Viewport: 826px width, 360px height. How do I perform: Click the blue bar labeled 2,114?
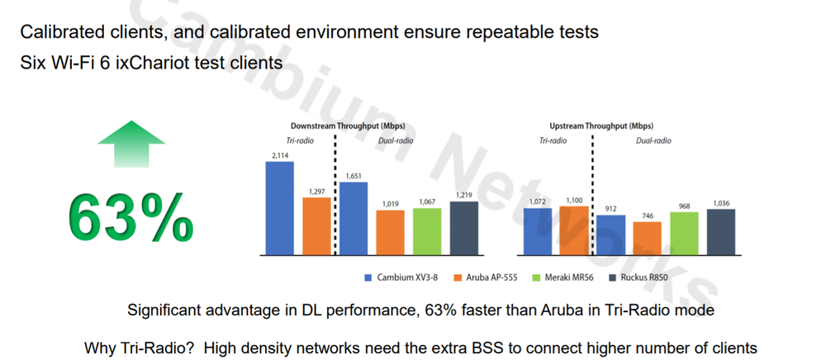pos(279,207)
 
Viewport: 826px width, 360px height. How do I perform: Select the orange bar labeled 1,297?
pos(316,225)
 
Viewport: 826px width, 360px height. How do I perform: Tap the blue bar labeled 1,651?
pos(354,217)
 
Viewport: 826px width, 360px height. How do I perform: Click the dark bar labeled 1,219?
pos(463,227)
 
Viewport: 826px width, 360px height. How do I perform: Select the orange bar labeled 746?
pos(647,237)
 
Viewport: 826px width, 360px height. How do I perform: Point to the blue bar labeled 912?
pos(610,234)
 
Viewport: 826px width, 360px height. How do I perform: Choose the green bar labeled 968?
pos(684,232)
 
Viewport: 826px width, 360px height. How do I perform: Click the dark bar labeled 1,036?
pos(721,230)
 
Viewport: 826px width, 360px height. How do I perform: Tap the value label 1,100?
pos(573,201)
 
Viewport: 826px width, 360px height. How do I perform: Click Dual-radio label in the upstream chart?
pos(653,141)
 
